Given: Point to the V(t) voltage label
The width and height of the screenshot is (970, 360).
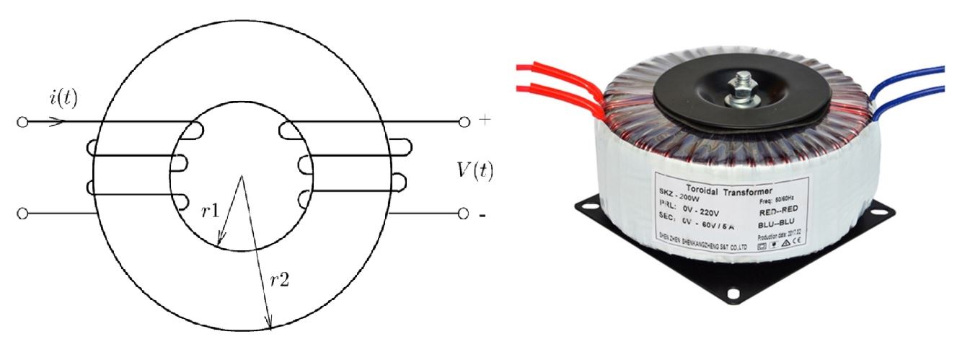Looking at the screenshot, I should tap(475, 170).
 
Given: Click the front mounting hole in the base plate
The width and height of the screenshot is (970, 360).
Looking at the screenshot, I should tap(735, 293).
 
